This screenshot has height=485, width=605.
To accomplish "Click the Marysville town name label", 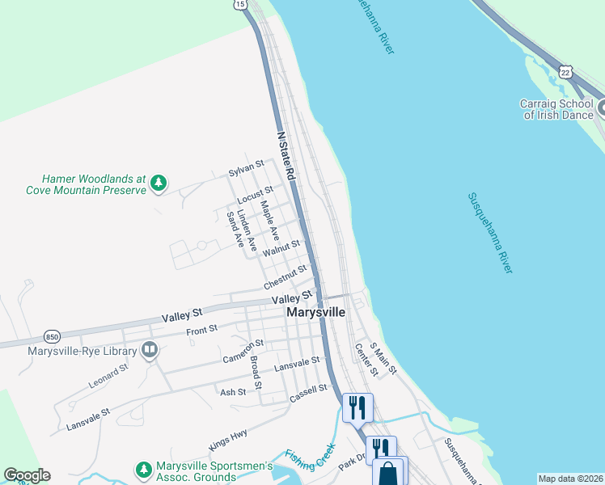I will coord(315,312).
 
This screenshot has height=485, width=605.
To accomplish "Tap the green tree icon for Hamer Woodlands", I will coord(159,184).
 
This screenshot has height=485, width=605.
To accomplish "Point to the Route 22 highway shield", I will coord(565,73).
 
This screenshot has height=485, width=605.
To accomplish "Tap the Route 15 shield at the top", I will coord(240,4).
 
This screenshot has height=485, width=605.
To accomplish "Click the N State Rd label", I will coord(286,156).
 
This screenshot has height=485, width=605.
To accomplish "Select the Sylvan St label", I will coord(246,167).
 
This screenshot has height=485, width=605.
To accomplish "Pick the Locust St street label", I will coord(251,194).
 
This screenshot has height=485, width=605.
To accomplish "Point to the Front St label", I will coord(201,329).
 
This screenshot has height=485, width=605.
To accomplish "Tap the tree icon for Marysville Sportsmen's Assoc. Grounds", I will coord(143,470).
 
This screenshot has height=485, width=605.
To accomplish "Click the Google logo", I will coord(27,475).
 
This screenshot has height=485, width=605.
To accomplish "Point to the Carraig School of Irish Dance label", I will coord(558,108).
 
